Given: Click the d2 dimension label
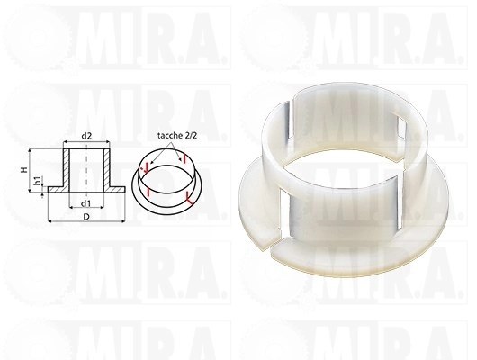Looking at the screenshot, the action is tap(86, 137).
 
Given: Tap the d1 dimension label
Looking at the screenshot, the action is tap(87, 202).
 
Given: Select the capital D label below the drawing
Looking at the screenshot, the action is tap(86, 217).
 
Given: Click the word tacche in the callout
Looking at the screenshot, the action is tap(169, 135).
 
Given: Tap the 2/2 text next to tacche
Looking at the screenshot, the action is tap(191, 135).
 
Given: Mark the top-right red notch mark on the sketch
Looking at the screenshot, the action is tap(184, 157).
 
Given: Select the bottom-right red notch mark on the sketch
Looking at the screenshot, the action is tap(188, 197).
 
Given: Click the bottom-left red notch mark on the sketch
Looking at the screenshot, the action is tap(148, 192).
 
